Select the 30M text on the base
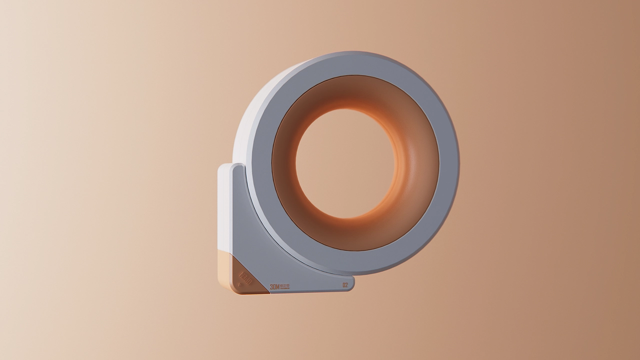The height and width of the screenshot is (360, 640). coord(275,286)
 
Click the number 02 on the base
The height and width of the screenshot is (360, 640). coord(345,285)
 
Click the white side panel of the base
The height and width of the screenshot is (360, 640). coord(224,210)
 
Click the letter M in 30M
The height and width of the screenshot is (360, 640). coord(278,286)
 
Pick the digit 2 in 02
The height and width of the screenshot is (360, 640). coord(346,285)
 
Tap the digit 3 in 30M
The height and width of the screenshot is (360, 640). coord(271,286)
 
